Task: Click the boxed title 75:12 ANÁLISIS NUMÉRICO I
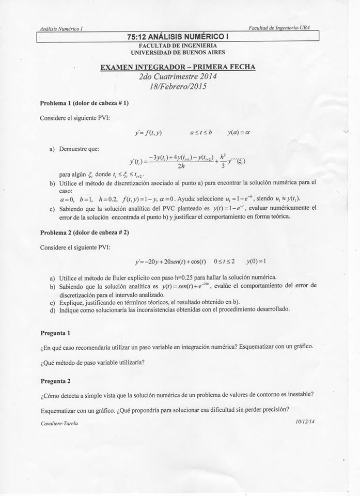(x=178, y=36)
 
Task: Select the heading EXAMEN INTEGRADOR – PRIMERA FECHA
(x=178, y=67)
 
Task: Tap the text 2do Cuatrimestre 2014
(x=178, y=76)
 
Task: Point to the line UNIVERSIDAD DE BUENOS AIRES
(x=178, y=52)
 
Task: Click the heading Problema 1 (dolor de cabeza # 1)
(x=84, y=103)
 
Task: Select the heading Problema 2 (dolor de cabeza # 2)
(x=84, y=232)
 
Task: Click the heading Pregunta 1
(x=55, y=333)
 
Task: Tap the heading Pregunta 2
(x=55, y=381)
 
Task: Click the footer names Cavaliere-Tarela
(x=59, y=423)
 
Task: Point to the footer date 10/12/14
(x=305, y=422)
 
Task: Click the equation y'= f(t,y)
(x=148, y=133)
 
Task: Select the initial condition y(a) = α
(x=238, y=132)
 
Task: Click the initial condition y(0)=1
(x=256, y=261)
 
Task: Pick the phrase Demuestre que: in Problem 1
(x=79, y=149)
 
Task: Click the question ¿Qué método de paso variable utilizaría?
(x=92, y=362)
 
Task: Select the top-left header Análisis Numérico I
(x=61, y=29)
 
